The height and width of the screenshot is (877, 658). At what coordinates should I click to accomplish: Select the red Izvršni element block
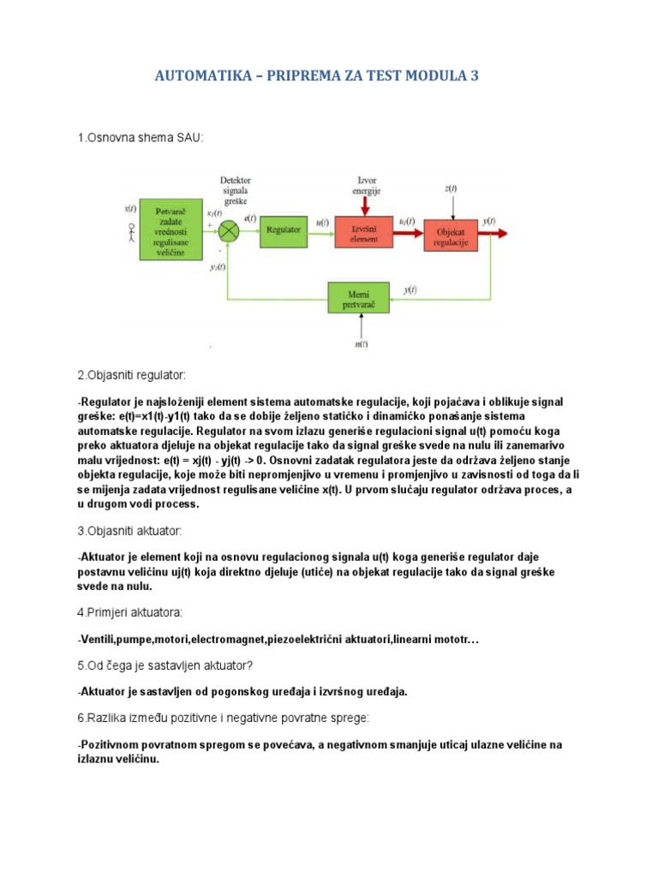tap(363, 230)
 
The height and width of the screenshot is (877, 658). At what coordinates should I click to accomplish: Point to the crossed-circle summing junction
tap(228, 230)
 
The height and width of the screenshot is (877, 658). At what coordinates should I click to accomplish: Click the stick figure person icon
tap(131, 233)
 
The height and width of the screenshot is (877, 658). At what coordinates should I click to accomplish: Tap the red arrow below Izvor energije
tap(366, 204)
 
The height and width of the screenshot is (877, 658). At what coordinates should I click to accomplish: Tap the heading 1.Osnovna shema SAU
tap(141, 137)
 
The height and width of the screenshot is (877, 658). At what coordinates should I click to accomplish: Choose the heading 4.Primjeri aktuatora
tap(129, 612)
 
